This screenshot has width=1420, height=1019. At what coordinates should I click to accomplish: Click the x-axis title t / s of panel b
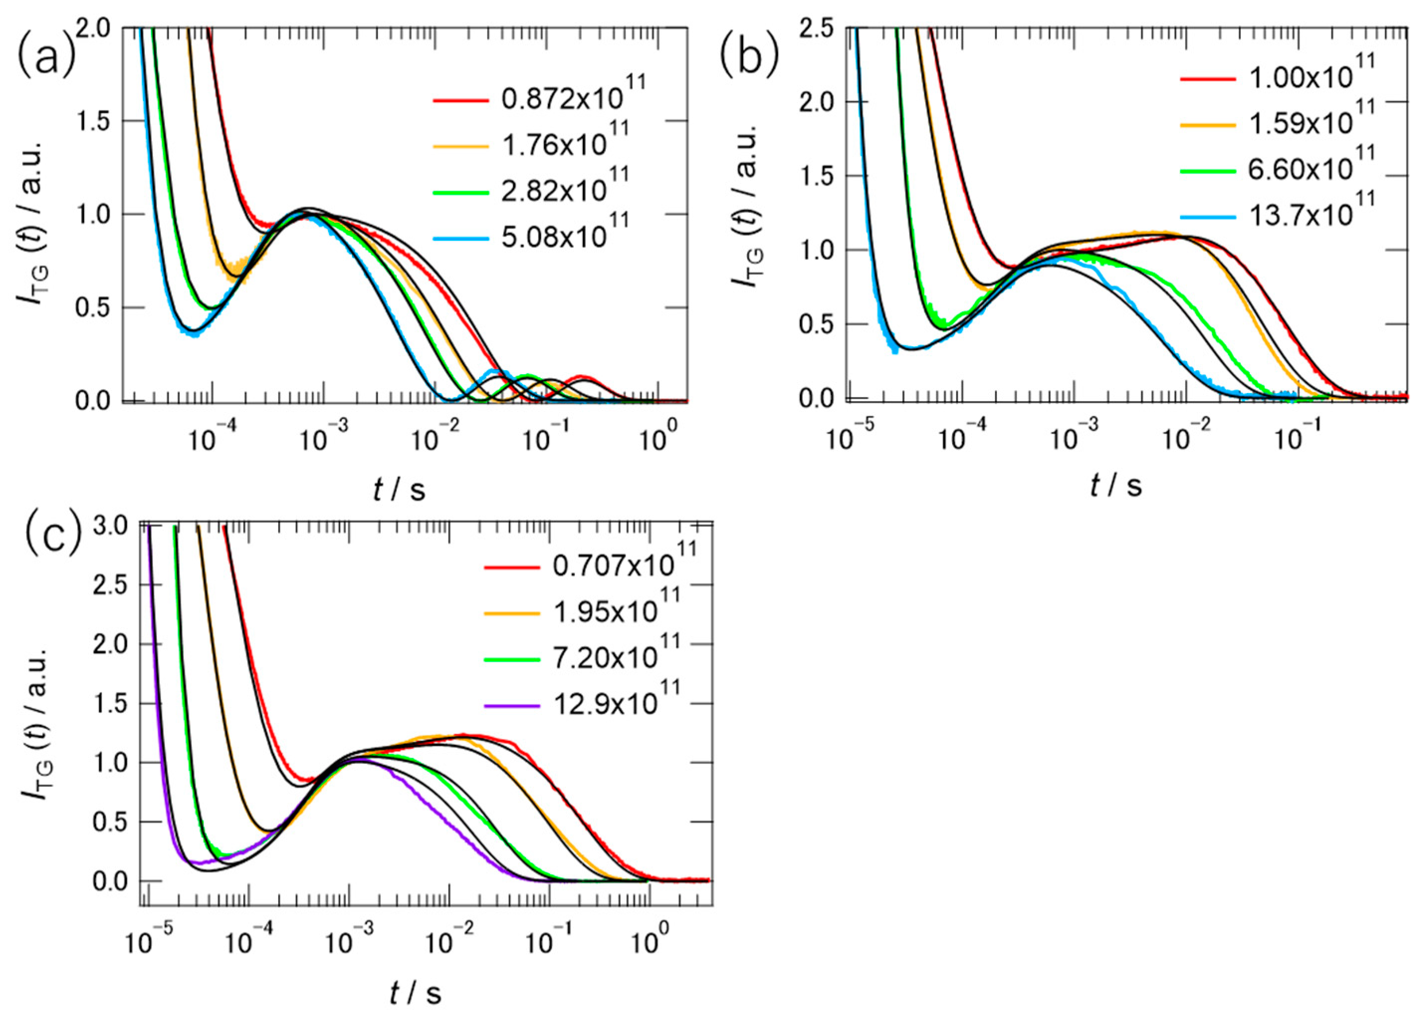tap(1116, 486)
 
